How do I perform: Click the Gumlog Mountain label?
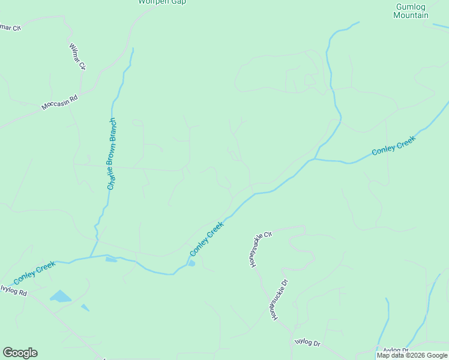coord(411,11)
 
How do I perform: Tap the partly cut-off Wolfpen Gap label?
coord(162,2)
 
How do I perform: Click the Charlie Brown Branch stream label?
coord(111,154)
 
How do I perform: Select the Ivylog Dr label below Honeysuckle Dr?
coord(308,343)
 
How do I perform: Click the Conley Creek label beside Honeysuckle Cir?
coord(206,238)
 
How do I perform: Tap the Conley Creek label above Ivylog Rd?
coord(34,272)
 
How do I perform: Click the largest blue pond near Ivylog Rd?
coord(59,296)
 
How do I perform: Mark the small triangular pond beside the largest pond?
coord(85,307)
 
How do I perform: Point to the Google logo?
coord(20,353)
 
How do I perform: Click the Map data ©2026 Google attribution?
coord(412,356)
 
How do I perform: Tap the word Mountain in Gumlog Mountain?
coord(411,15)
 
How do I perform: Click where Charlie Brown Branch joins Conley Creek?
coord(91,257)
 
